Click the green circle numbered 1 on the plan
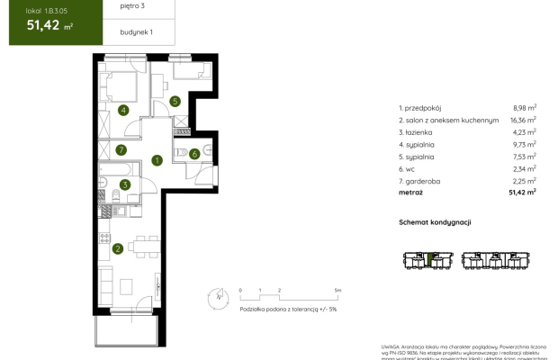coord(157,161)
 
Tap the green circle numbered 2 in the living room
coord(118,249)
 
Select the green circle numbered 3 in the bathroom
coord(125,184)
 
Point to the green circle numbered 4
coord(124,111)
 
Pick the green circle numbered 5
coord(175,102)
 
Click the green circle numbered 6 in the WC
coord(194,154)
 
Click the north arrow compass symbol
coord(216,294)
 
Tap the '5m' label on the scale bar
coord(337,291)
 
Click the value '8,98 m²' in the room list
coord(524,106)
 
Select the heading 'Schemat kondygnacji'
coord(436,222)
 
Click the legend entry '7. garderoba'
coord(423,179)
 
